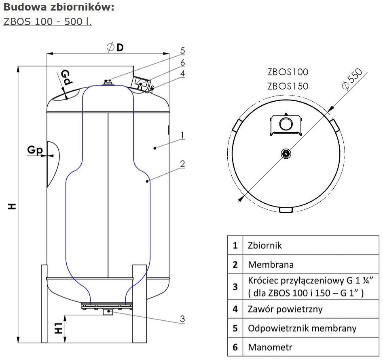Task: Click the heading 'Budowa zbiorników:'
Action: point(59,7)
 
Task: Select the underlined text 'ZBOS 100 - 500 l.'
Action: point(47,21)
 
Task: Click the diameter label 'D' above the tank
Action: point(120,47)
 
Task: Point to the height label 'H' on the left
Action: point(13,206)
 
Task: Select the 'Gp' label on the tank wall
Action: point(35,150)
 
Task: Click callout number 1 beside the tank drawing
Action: point(183,135)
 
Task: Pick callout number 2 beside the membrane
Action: point(182,164)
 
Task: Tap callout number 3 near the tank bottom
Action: point(182,319)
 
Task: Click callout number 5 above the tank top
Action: point(183,51)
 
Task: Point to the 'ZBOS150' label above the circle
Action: point(288,86)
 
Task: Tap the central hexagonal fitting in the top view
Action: point(286,153)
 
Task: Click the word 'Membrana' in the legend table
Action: point(271,265)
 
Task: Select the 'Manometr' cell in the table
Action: point(270,347)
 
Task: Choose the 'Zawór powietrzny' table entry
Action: point(285,309)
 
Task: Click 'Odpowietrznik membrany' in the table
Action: point(302,328)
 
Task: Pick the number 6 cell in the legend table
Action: point(235,347)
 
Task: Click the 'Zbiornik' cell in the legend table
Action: point(265,245)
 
